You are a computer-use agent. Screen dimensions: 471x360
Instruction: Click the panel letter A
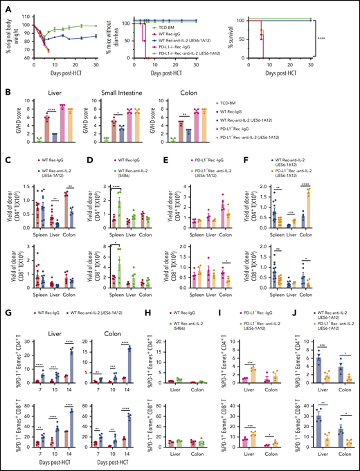[4, 5]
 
